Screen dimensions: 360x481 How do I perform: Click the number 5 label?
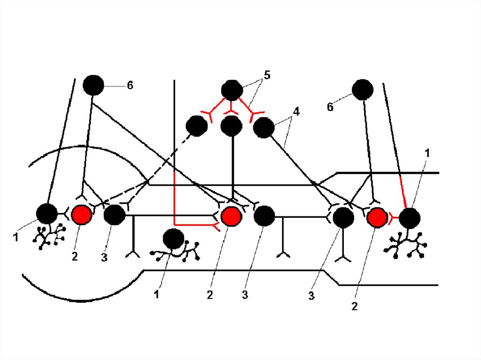click(267, 76)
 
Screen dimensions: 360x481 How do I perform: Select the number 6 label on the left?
click(130, 85)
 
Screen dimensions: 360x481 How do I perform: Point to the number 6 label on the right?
click(330, 107)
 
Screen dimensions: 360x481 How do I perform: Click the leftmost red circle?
click(80, 215)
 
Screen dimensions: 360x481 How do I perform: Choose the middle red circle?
click(231, 215)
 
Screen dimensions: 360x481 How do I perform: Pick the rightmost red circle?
click(376, 217)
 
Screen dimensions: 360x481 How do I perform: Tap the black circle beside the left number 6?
click(93, 85)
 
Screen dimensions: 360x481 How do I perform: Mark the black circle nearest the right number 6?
click(363, 90)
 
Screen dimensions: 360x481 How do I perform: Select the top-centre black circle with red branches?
click(231, 90)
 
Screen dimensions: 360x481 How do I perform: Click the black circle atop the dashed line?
click(197, 126)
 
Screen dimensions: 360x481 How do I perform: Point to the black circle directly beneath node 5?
click(232, 126)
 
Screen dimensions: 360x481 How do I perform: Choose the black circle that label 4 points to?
click(264, 128)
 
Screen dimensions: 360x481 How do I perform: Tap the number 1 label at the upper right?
click(427, 153)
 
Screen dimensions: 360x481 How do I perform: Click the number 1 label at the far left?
click(16, 237)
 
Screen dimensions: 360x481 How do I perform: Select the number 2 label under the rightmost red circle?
click(355, 306)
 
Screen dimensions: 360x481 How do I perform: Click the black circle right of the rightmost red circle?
click(410, 218)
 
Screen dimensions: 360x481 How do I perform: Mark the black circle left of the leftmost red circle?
click(47, 214)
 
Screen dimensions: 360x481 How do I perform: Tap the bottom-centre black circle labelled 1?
click(173, 239)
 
